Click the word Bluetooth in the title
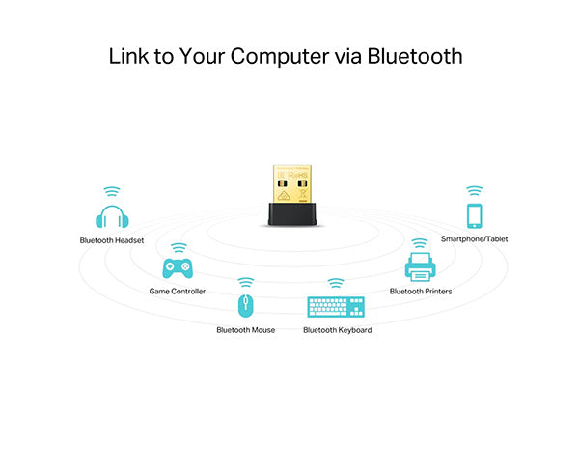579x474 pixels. point(415,56)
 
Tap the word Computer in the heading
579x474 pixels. point(280,57)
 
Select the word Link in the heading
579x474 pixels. point(128,56)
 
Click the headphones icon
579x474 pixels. point(112,216)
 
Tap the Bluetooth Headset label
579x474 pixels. point(112,240)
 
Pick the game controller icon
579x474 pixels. point(178,268)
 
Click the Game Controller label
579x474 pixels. point(178,292)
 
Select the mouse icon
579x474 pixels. point(245,305)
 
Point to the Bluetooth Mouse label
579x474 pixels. point(245,330)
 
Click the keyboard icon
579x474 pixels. point(336,307)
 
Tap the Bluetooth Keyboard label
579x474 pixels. point(338,330)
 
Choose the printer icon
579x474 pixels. point(420,266)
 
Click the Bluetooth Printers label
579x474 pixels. point(421,292)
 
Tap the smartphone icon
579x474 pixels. point(475,216)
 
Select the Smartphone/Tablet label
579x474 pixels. point(474,239)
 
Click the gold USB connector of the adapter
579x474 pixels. point(292,184)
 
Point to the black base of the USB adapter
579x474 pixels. point(292,214)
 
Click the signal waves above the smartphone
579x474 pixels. point(475,191)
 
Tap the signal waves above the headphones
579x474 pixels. point(112,192)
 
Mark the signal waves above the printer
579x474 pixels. point(420,243)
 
